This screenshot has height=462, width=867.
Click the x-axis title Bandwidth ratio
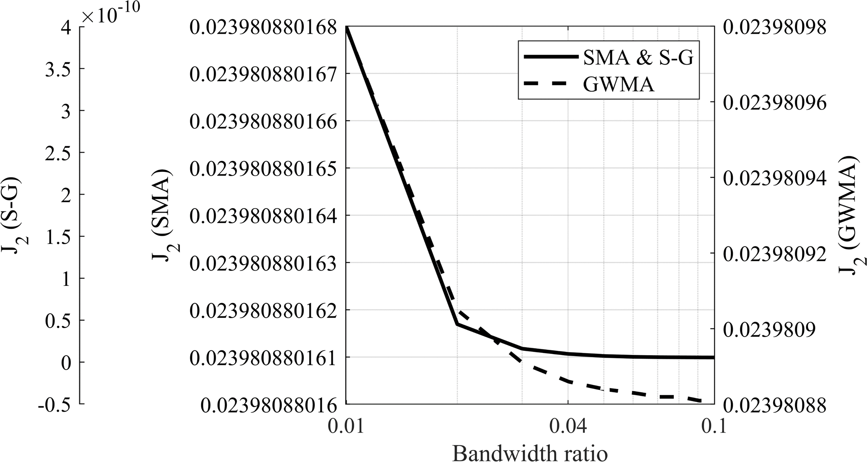pyautogui.click(x=530, y=454)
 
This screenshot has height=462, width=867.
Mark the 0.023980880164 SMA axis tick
pyautogui.click(x=263, y=216)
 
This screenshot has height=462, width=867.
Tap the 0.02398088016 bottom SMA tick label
pyautogui.click(x=268, y=405)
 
